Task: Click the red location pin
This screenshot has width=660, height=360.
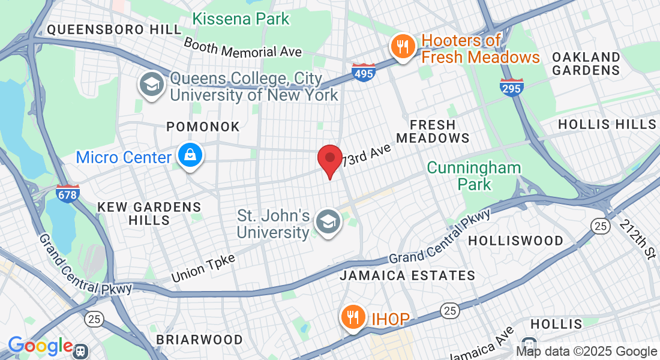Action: click(329, 159)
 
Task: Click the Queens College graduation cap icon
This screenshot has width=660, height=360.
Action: click(152, 85)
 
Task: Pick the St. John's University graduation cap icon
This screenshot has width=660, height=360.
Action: click(328, 222)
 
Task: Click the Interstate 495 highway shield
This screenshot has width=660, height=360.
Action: click(364, 72)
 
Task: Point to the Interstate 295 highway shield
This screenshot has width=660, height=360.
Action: click(512, 88)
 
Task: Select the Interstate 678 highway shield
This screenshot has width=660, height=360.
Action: click(68, 193)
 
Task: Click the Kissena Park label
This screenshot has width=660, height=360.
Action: click(241, 19)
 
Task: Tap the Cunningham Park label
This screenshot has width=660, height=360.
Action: click(474, 175)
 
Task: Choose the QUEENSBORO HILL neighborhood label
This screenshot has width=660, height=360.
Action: click(114, 29)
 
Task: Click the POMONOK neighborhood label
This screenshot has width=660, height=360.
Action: click(203, 127)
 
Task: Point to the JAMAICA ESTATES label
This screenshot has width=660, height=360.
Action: click(407, 275)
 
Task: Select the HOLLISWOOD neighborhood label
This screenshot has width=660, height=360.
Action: click(515, 241)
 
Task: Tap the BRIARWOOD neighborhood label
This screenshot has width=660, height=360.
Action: click(199, 340)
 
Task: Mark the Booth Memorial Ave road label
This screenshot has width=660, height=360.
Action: click(242, 48)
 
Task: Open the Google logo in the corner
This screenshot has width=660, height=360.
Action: click(40, 346)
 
